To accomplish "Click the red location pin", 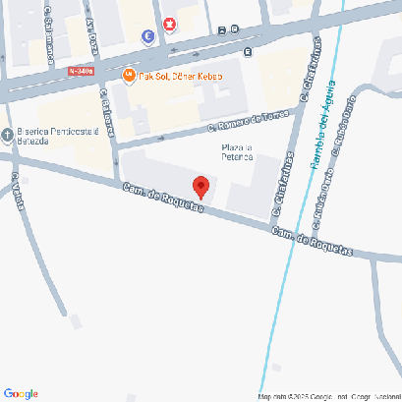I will (201, 186).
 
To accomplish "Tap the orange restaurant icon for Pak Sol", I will (128, 76).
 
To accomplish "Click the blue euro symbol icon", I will (147, 37).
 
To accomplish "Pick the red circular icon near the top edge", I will (170, 24).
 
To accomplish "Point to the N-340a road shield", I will (83, 71).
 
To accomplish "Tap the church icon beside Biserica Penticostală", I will (7, 135).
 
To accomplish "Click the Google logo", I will (21, 393).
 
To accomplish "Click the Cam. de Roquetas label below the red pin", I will (163, 199).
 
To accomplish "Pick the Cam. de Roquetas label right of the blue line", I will (312, 241).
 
